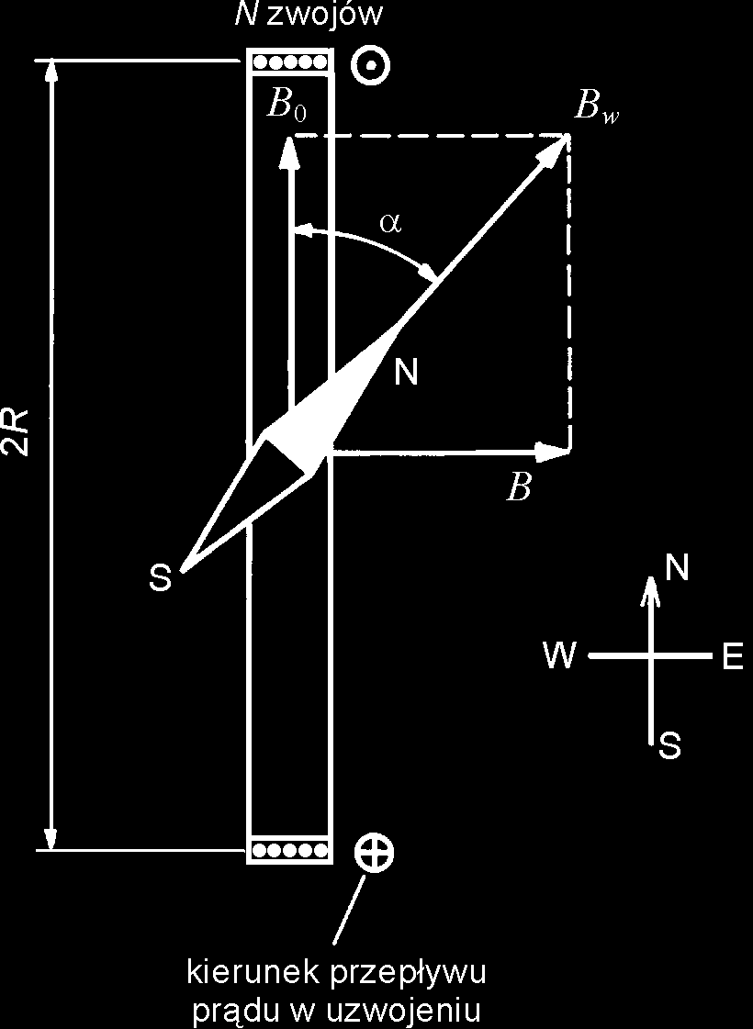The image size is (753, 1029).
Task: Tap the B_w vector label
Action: click(x=594, y=107)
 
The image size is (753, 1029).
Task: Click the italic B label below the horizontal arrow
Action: click(x=520, y=487)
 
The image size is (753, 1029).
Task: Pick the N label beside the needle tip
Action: click(x=406, y=372)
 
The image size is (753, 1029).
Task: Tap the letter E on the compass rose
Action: click(x=732, y=657)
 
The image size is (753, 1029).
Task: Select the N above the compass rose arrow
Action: click(x=676, y=569)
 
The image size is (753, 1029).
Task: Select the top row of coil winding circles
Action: click(x=290, y=63)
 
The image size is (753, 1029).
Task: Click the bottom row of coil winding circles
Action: click(x=290, y=850)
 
